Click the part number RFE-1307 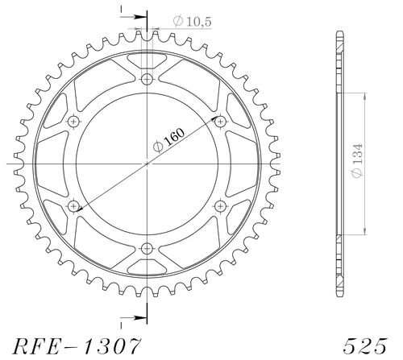tap(77, 346)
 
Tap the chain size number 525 tap(365, 346)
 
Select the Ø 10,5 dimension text tap(192, 21)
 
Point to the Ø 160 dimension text tap(168, 140)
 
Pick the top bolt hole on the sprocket tap(147, 79)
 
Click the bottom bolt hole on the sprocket tap(147, 248)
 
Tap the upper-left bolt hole tap(73, 122)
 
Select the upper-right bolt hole tap(220, 122)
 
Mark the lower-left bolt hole tap(73, 206)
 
